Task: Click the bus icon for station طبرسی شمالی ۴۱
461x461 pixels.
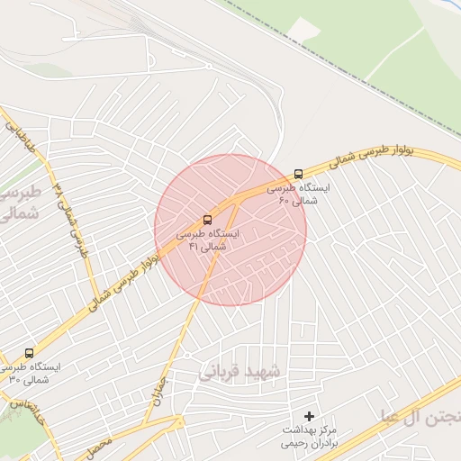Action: (208, 220)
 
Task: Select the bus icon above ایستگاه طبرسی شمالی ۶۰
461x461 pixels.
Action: (298, 174)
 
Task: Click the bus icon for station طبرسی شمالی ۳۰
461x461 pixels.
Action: (30, 354)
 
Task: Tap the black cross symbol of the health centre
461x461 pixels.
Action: (310, 416)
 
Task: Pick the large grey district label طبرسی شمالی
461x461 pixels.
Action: (16, 204)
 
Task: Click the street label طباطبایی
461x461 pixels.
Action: (20, 135)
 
